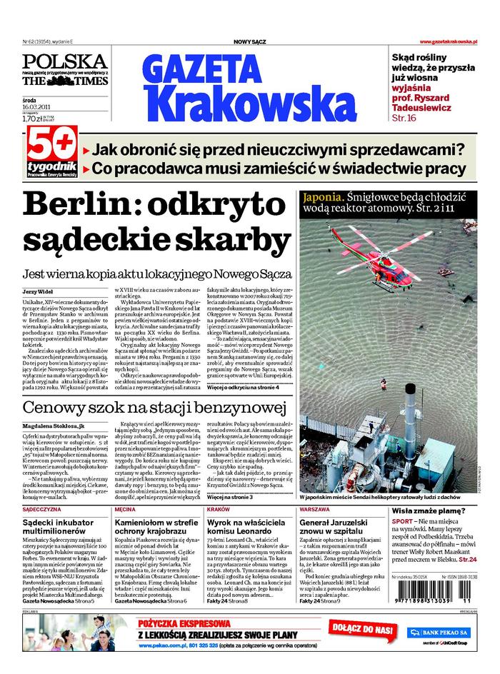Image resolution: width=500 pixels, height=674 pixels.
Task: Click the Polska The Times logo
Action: (64, 70)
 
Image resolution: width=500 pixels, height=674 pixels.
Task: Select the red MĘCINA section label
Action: (125, 510)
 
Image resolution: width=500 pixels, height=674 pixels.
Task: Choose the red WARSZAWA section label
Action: (315, 510)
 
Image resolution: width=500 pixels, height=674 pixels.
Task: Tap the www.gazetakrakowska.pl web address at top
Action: (448, 42)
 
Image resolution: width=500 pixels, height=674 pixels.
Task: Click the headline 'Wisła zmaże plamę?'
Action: (429, 511)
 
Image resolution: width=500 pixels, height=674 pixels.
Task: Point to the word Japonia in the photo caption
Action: (324, 196)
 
